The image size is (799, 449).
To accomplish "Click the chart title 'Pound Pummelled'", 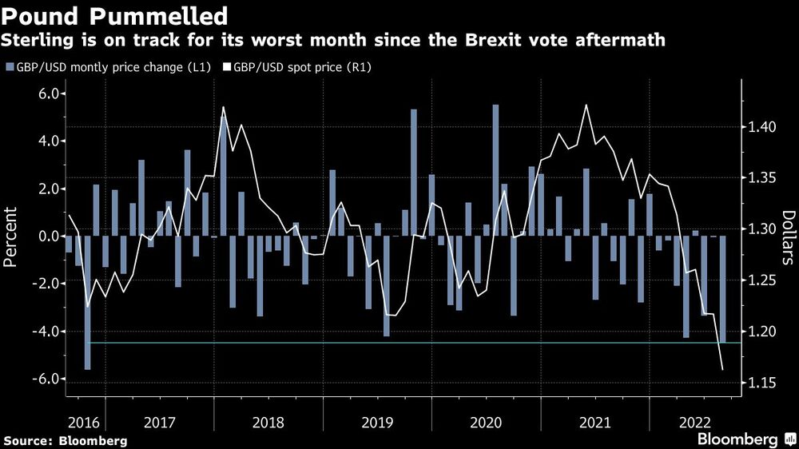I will pyautogui.click(x=115, y=15).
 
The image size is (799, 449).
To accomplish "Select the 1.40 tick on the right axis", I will pyautogui.click(x=762, y=127).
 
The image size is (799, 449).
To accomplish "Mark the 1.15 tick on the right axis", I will pyautogui.click(x=762, y=383).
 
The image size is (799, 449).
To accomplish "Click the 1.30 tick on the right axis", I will pyautogui.click(x=762, y=229).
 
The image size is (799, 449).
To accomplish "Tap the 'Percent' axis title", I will pyautogui.click(x=12, y=236).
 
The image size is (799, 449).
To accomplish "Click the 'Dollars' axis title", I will pyautogui.click(x=788, y=237).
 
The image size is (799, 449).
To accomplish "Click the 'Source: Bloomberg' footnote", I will pyautogui.click(x=66, y=440).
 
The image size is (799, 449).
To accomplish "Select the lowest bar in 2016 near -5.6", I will pyautogui.click(x=87, y=303).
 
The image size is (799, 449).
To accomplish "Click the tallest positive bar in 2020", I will pyautogui.click(x=495, y=170).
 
